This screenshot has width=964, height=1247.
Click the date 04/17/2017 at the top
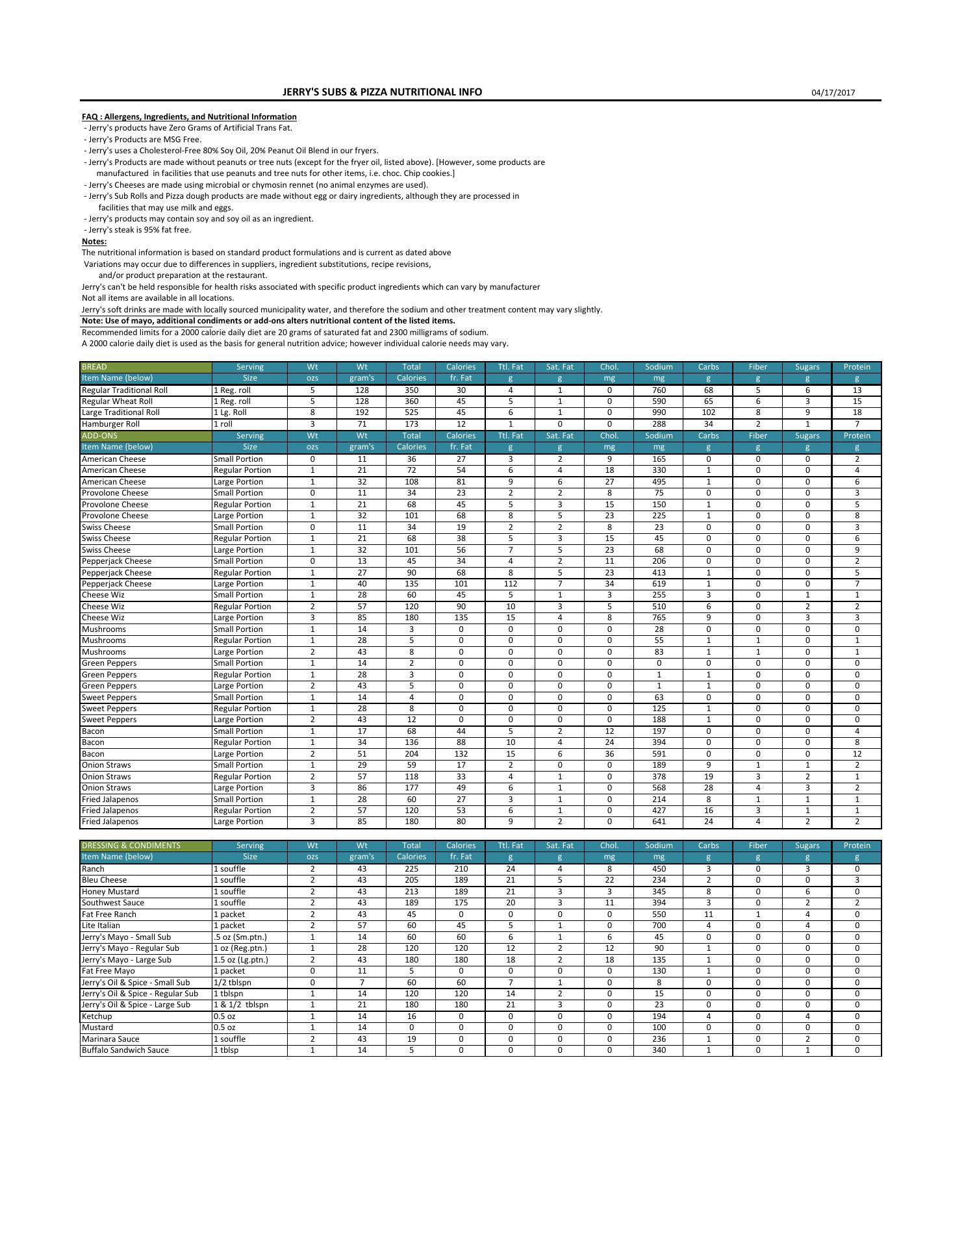click(x=833, y=92)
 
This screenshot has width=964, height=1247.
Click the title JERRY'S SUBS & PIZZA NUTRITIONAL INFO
click(x=382, y=92)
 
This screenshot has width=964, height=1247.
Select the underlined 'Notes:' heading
click(x=94, y=242)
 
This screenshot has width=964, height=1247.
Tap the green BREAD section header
click(x=94, y=367)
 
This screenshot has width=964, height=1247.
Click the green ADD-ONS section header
click(x=99, y=436)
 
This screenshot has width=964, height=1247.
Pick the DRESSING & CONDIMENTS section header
click(x=131, y=846)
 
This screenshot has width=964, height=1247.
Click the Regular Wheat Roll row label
click(x=117, y=401)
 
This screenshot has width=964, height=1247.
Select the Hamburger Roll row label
click(x=110, y=424)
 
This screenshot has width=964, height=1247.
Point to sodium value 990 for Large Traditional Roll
click(x=659, y=412)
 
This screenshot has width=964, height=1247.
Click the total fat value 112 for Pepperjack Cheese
click(x=511, y=584)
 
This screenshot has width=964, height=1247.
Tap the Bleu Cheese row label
click(x=104, y=880)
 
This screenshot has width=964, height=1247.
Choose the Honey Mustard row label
click(x=110, y=892)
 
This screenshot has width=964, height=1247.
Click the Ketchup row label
click(x=97, y=1016)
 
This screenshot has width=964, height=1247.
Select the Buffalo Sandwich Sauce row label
click(x=125, y=1050)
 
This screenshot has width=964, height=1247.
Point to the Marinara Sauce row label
click(x=110, y=1039)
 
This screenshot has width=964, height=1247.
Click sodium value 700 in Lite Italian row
click(x=659, y=926)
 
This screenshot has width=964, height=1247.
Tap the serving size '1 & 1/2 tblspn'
click(x=241, y=1005)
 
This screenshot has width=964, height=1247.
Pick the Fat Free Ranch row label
click(x=108, y=914)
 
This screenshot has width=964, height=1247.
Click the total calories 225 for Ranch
click(x=411, y=869)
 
